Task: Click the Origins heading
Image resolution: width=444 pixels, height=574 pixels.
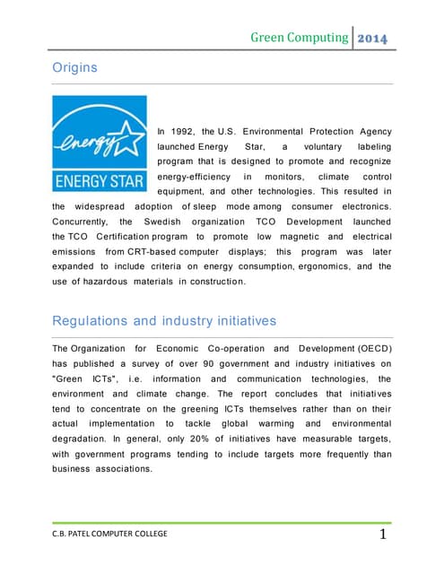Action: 76,67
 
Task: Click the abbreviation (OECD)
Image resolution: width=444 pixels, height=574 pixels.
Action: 369,348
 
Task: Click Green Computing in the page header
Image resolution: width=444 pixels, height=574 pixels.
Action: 299,38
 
